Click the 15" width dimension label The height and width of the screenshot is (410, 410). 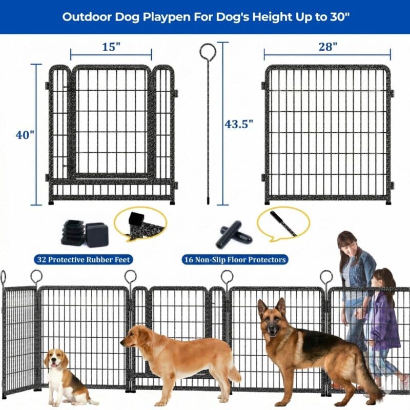[111, 47]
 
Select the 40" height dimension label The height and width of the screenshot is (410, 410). [25, 135]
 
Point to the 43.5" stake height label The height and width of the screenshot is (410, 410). [239, 124]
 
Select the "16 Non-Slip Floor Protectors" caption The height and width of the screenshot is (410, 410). [235, 260]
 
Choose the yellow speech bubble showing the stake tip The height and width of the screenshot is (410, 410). [283, 223]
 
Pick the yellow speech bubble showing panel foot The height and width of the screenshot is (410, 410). [139, 224]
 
